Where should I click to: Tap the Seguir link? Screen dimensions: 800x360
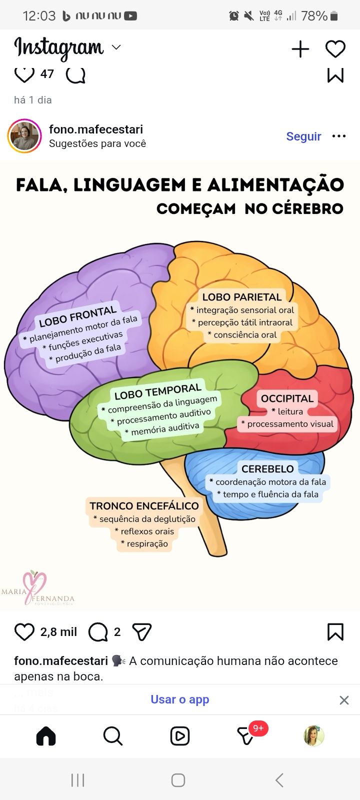(x=303, y=136)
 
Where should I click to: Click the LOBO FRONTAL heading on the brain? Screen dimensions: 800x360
(x=77, y=316)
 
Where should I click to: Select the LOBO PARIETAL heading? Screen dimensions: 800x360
(x=242, y=297)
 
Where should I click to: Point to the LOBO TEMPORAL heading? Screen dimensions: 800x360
(x=157, y=391)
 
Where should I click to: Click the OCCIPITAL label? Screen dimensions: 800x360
(x=287, y=398)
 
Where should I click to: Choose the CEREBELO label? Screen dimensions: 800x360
(x=267, y=469)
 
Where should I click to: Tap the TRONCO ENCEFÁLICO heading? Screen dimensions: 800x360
(x=144, y=506)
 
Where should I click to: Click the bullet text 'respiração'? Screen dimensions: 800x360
(x=145, y=544)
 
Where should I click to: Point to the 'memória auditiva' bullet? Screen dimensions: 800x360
(x=163, y=428)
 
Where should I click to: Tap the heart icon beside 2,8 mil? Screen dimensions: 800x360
(x=24, y=632)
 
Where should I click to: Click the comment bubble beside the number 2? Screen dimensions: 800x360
(x=97, y=632)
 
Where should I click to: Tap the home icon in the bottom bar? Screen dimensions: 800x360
(x=46, y=736)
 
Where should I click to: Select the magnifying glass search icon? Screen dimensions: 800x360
(x=112, y=736)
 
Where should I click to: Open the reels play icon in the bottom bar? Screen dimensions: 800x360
(x=179, y=736)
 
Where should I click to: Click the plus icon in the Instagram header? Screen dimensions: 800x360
(x=300, y=49)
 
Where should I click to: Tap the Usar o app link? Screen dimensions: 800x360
(x=180, y=699)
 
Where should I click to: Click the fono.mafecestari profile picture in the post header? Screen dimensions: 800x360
(x=24, y=136)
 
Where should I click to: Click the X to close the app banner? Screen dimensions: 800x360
(x=344, y=700)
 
